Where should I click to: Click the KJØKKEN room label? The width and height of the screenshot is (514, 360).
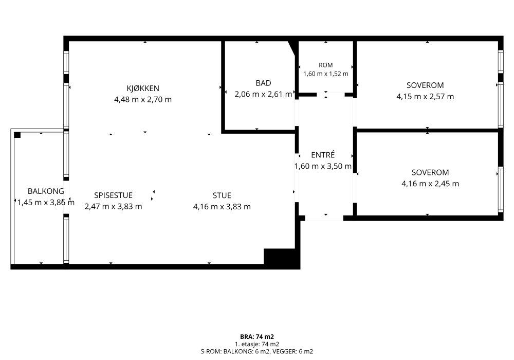coord(143,88)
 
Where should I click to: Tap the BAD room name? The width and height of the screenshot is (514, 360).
coord(263,83)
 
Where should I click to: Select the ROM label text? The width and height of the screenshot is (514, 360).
coord(325,65)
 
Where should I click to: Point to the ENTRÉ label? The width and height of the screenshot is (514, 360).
coord(323,155)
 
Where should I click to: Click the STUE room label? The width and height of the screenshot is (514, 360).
coord(222,195)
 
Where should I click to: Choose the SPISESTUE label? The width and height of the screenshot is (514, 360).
coord(114,195)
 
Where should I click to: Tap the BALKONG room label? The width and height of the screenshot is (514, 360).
coord(46,191)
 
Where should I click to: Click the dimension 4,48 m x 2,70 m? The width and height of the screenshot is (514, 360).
coord(143,99)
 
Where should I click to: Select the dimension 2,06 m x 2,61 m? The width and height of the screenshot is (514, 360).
coord(263,94)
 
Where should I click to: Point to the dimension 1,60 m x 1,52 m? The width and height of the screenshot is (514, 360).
coord(325,74)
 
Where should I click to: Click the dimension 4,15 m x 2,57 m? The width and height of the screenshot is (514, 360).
coord(425,96)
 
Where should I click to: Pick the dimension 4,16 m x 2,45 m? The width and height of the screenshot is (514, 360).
coord(430,184)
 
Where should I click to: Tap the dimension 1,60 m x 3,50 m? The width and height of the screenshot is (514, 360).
coord(323,166)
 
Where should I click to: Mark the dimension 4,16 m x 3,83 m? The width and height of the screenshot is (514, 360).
coord(222,207)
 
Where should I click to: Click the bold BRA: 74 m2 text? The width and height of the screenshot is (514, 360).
coord(257,337)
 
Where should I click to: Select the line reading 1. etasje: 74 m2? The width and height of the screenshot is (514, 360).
coord(257,344)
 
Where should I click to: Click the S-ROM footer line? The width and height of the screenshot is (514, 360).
coord(257,352)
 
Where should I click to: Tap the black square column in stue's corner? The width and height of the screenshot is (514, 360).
coord(281,257)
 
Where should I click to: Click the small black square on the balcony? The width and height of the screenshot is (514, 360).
coord(17,135)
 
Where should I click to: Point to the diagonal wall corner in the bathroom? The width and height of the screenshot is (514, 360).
coord(293,48)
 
